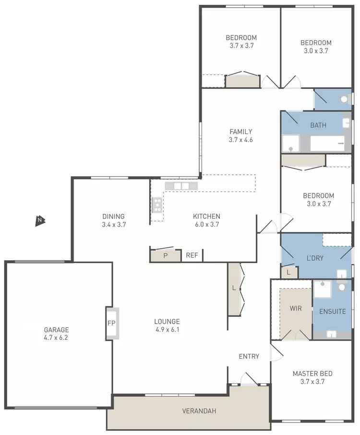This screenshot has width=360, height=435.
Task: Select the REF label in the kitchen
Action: pos(192,255)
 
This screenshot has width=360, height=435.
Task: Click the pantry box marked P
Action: pos(165,255)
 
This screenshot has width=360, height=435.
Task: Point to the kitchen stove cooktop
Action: pos(156,205)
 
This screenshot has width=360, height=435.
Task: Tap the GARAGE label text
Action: pos(57,330)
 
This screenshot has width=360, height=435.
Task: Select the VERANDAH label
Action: pos(199,411)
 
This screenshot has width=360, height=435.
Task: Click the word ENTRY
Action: pos(249,356)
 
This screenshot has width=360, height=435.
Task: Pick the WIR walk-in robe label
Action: pos(296,308)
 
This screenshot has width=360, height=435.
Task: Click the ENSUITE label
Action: pos(332,311)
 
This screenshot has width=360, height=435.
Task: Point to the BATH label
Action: pos(318,125)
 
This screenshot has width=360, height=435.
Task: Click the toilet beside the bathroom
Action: pos(344,99)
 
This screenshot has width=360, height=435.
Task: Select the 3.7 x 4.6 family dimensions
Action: pos(240,140)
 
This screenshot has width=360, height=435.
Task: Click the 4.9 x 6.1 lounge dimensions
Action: pos(167,329)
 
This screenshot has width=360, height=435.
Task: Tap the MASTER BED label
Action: pos(312,374)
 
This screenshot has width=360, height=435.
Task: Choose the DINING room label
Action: pos(113,216)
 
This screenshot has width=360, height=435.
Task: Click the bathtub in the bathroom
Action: pos(327,143)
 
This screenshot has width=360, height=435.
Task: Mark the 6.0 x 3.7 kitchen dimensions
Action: pos(206,224)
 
